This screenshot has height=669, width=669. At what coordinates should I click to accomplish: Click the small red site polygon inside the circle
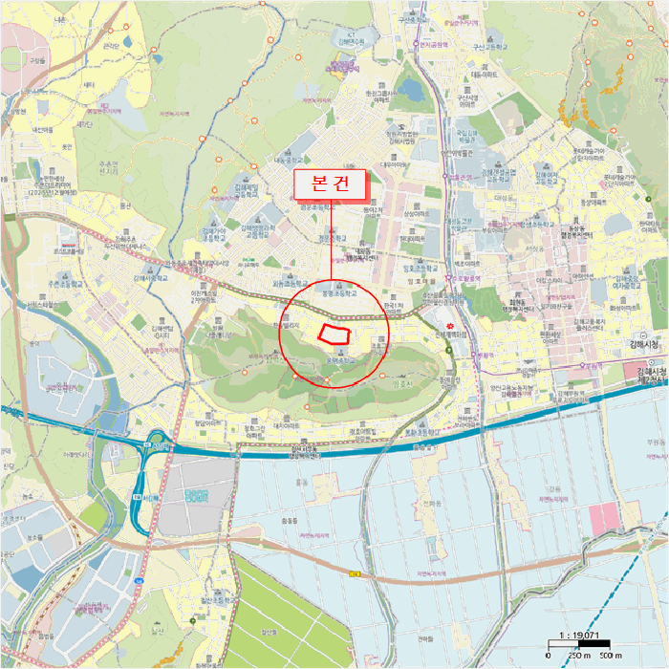[334, 333]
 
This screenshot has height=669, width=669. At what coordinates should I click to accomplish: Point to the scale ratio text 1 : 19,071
[582, 635]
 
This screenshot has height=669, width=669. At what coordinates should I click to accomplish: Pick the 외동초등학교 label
[289, 283]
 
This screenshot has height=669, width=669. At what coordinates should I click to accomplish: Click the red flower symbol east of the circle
[449, 326]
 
